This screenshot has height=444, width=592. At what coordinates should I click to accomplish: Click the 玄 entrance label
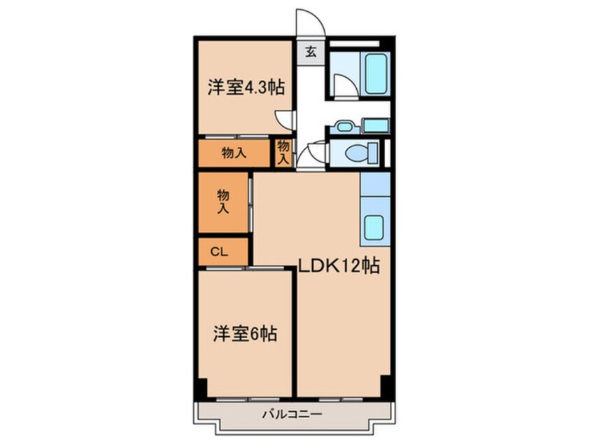[x=309, y=50]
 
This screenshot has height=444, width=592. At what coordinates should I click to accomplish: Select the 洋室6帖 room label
[x=245, y=334]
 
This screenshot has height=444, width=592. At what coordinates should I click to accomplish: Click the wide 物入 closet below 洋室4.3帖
[x=234, y=153]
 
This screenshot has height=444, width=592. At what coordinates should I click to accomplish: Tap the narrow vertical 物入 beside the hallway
[x=283, y=153]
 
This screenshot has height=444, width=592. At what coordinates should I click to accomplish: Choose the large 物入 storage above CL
[x=223, y=202]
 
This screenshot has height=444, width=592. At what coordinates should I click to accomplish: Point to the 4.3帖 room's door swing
[x=284, y=119]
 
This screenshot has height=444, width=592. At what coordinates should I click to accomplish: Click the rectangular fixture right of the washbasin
[x=376, y=126]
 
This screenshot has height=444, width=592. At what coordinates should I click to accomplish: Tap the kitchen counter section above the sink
[x=374, y=185]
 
